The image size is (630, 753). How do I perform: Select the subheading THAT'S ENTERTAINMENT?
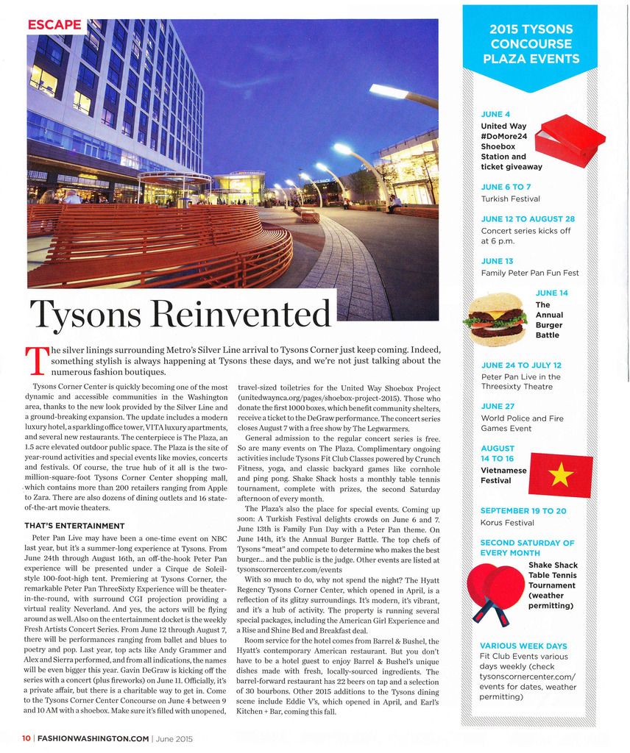[x=74, y=526]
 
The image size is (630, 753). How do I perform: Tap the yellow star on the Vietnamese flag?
[x=561, y=475]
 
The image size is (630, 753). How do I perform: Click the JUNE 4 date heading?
[x=495, y=114]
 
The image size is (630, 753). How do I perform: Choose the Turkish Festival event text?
[x=510, y=199]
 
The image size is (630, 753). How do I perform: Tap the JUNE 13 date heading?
[x=497, y=261]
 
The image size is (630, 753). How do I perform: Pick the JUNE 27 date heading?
[x=498, y=406]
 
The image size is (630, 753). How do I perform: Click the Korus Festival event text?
[x=507, y=523]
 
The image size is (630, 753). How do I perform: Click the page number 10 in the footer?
[x=26, y=738]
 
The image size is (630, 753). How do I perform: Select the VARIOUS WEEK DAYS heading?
[x=523, y=646]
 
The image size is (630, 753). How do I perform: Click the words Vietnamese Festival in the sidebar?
[x=503, y=475]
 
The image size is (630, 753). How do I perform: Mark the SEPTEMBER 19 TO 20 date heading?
[x=523, y=510]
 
